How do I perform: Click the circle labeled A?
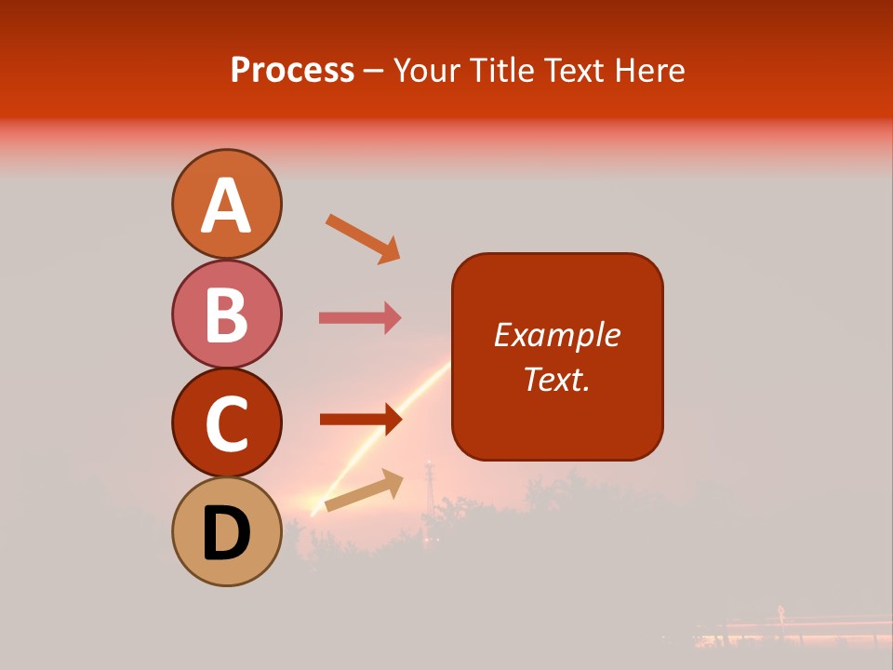(x=226, y=204)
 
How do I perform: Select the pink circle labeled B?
(x=226, y=314)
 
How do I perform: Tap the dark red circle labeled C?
(x=226, y=422)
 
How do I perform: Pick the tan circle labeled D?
(x=226, y=531)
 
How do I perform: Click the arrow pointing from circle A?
(x=363, y=238)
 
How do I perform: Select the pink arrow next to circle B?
(x=360, y=318)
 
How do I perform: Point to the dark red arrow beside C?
(x=360, y=420)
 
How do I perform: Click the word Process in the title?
(x=292, y=71)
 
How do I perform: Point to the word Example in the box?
(x=556, y=335)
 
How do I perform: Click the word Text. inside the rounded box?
(x=556, y=379)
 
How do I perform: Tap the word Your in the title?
(x=426, y=71)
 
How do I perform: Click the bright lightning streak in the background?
(x=381, y=437)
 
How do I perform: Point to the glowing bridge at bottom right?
(x=791, y=631)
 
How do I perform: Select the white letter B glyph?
(x=226, y=314)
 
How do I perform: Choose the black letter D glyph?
(x=226, y=532)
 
